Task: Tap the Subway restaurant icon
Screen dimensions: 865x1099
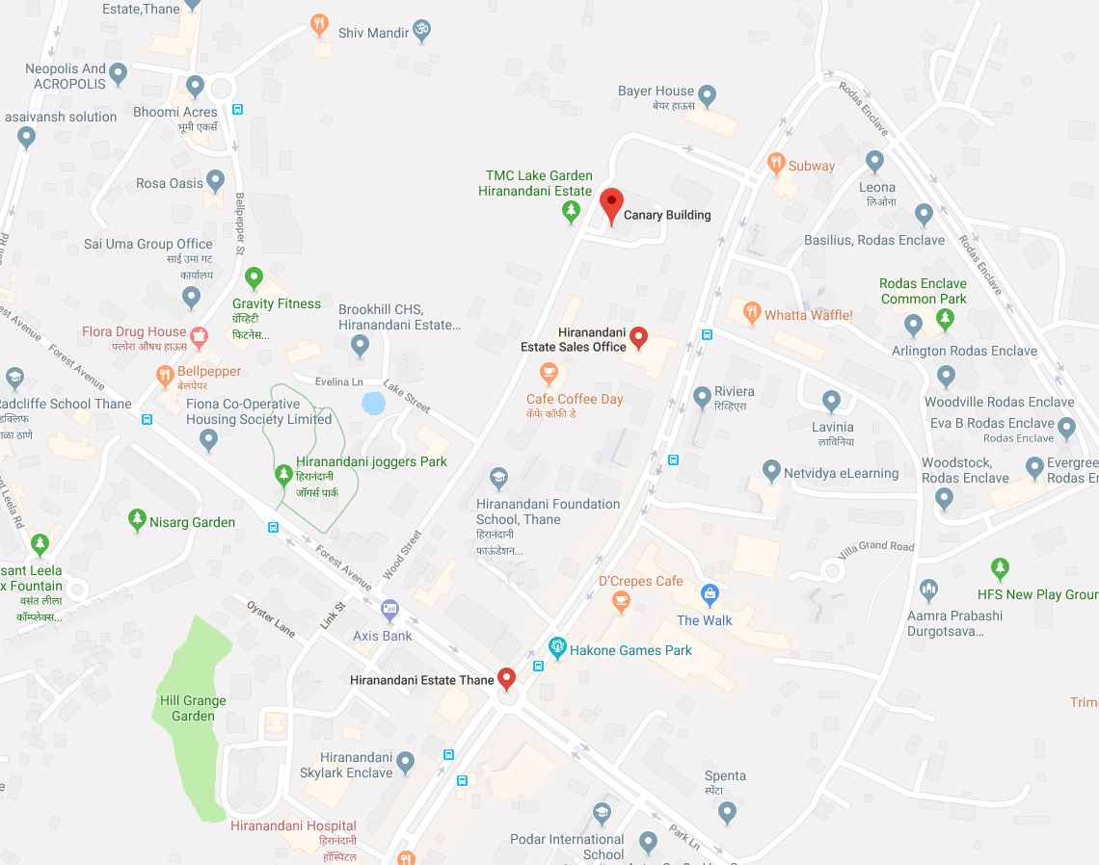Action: [776, 164]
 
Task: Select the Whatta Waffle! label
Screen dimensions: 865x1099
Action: [808, 315]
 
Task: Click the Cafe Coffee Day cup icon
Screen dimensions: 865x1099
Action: [549, 373]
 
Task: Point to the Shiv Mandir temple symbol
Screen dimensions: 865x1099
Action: [420, 32]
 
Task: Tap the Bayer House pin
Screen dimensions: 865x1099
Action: [707, 95]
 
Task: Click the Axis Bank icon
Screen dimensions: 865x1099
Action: [389, 609]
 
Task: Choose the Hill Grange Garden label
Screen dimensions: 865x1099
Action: [193, 708]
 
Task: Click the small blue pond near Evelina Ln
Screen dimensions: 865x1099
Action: [373, 403]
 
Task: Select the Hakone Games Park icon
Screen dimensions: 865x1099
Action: [556, 648]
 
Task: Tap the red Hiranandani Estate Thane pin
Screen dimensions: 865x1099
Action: [506, 679]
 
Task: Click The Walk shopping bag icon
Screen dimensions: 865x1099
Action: [710, 594]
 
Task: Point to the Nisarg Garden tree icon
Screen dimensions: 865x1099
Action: [137, 521]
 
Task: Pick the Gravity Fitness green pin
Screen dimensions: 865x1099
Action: [254, 278]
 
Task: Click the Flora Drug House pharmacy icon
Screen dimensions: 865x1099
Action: [199, 336]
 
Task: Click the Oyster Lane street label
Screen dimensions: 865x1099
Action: [271, 617]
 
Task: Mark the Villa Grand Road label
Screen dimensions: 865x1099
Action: [874, 546]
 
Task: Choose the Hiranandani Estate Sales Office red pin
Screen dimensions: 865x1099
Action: [637, 337]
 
